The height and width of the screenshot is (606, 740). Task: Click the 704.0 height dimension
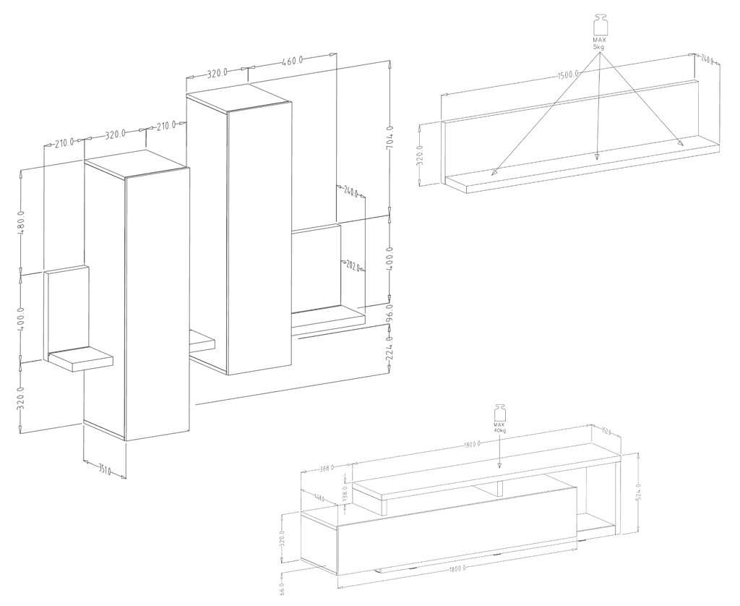[x=390, y=137]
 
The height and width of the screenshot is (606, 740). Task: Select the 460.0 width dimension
[x=293, y=61]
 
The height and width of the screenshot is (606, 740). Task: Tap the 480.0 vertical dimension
[x=22, y=222]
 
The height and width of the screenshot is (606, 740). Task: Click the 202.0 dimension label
[x=353, y=265]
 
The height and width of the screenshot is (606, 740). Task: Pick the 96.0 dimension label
[x=390, y=316]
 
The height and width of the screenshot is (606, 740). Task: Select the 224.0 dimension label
[x=390, y=349]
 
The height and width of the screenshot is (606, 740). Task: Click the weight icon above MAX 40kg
[x=499, y=411]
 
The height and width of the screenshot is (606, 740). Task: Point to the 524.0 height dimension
[x=640, y=494]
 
